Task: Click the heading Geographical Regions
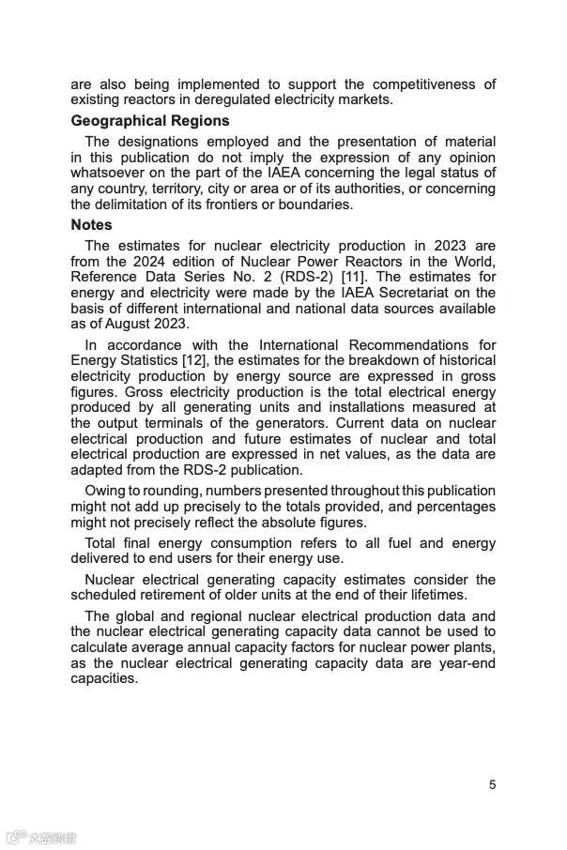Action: [x=149, y=121]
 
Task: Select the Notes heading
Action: [x=91, y=225]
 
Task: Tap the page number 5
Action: [x=492, y=785]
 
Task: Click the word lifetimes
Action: [x=433, y=595]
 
